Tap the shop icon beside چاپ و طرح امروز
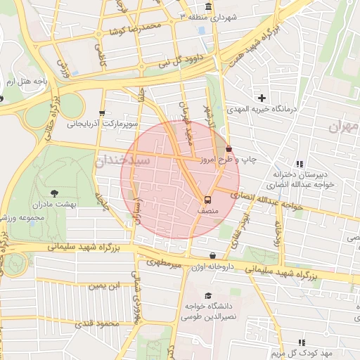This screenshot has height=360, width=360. pos(229,148)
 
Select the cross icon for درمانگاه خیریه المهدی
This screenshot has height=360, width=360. pos(262,98)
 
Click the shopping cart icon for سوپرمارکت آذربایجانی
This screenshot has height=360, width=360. pos(103,112)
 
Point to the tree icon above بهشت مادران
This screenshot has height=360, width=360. pos(56,191)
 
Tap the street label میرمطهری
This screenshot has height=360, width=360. pos(164,262)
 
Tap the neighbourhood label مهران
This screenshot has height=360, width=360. pos(344,127)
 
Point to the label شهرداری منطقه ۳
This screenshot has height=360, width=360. pos(214,15)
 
